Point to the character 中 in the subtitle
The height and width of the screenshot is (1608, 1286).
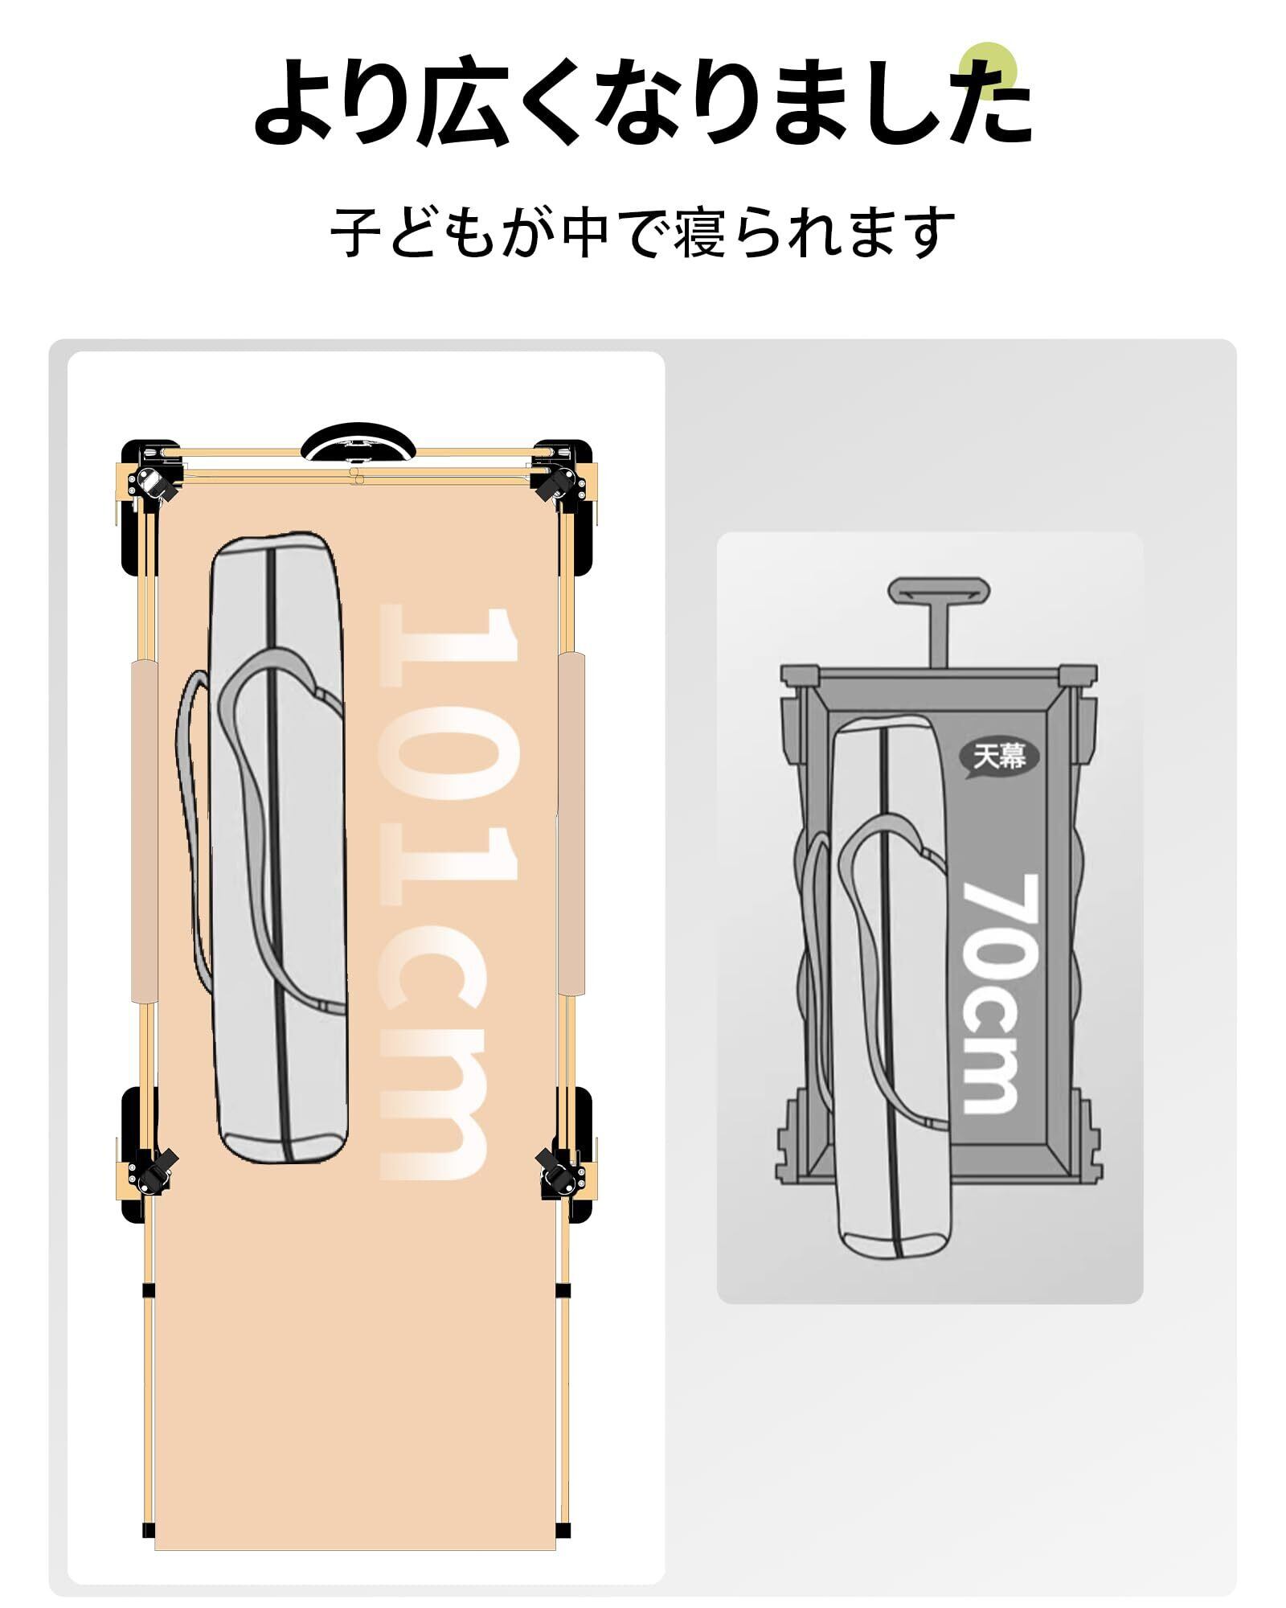585,233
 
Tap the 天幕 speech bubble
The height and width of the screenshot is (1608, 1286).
1000,755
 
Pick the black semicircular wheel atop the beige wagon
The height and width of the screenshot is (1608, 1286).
355,443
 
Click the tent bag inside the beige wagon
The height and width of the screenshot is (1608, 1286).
280,844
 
